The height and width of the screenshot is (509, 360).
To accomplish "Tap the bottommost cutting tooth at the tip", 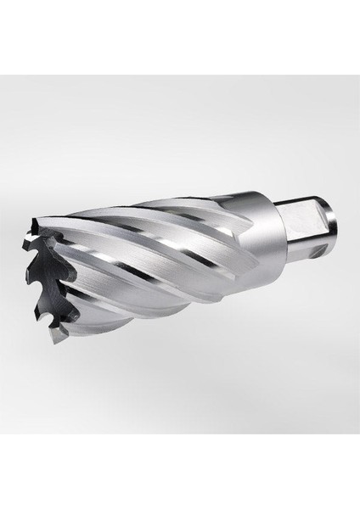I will point(54,334).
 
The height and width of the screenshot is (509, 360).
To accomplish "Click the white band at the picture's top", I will point(180,34).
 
